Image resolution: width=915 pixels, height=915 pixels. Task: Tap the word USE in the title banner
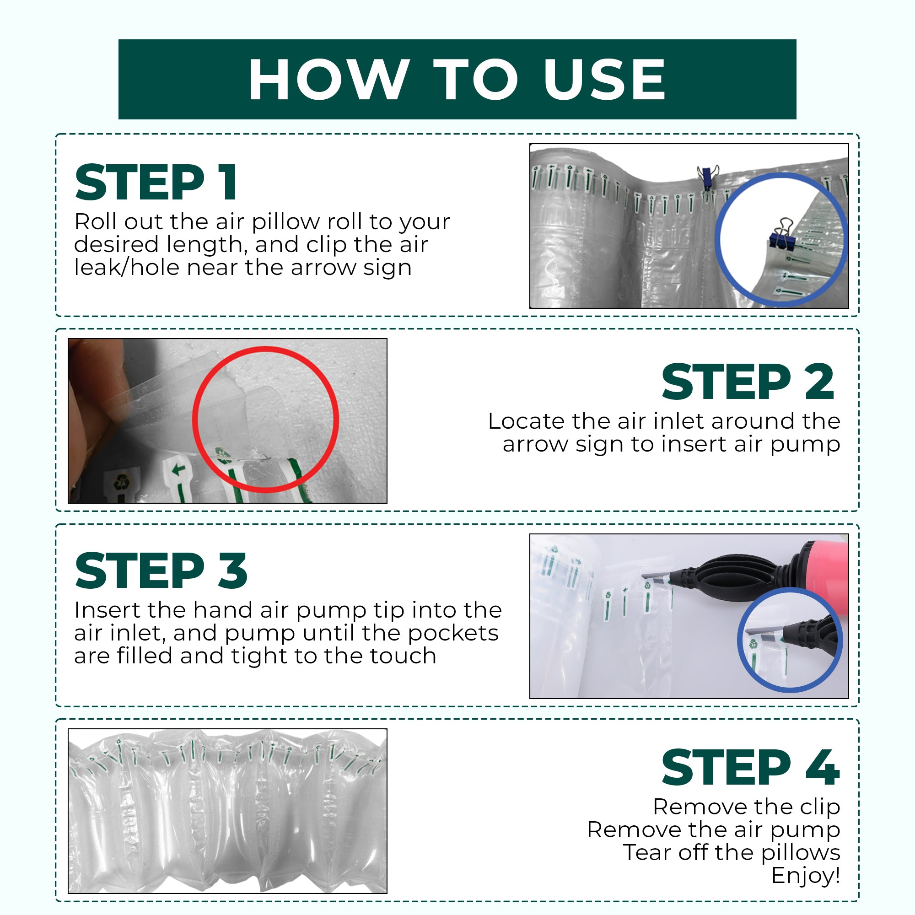click(x=605, y=79)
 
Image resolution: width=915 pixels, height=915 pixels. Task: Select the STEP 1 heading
click(x=156, y=183)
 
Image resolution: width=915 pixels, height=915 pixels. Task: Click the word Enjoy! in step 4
click(x=806, y=875)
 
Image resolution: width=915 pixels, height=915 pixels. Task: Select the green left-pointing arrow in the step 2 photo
click(x=178, y=470)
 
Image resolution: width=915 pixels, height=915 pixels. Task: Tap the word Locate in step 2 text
click(x=526, y=421)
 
